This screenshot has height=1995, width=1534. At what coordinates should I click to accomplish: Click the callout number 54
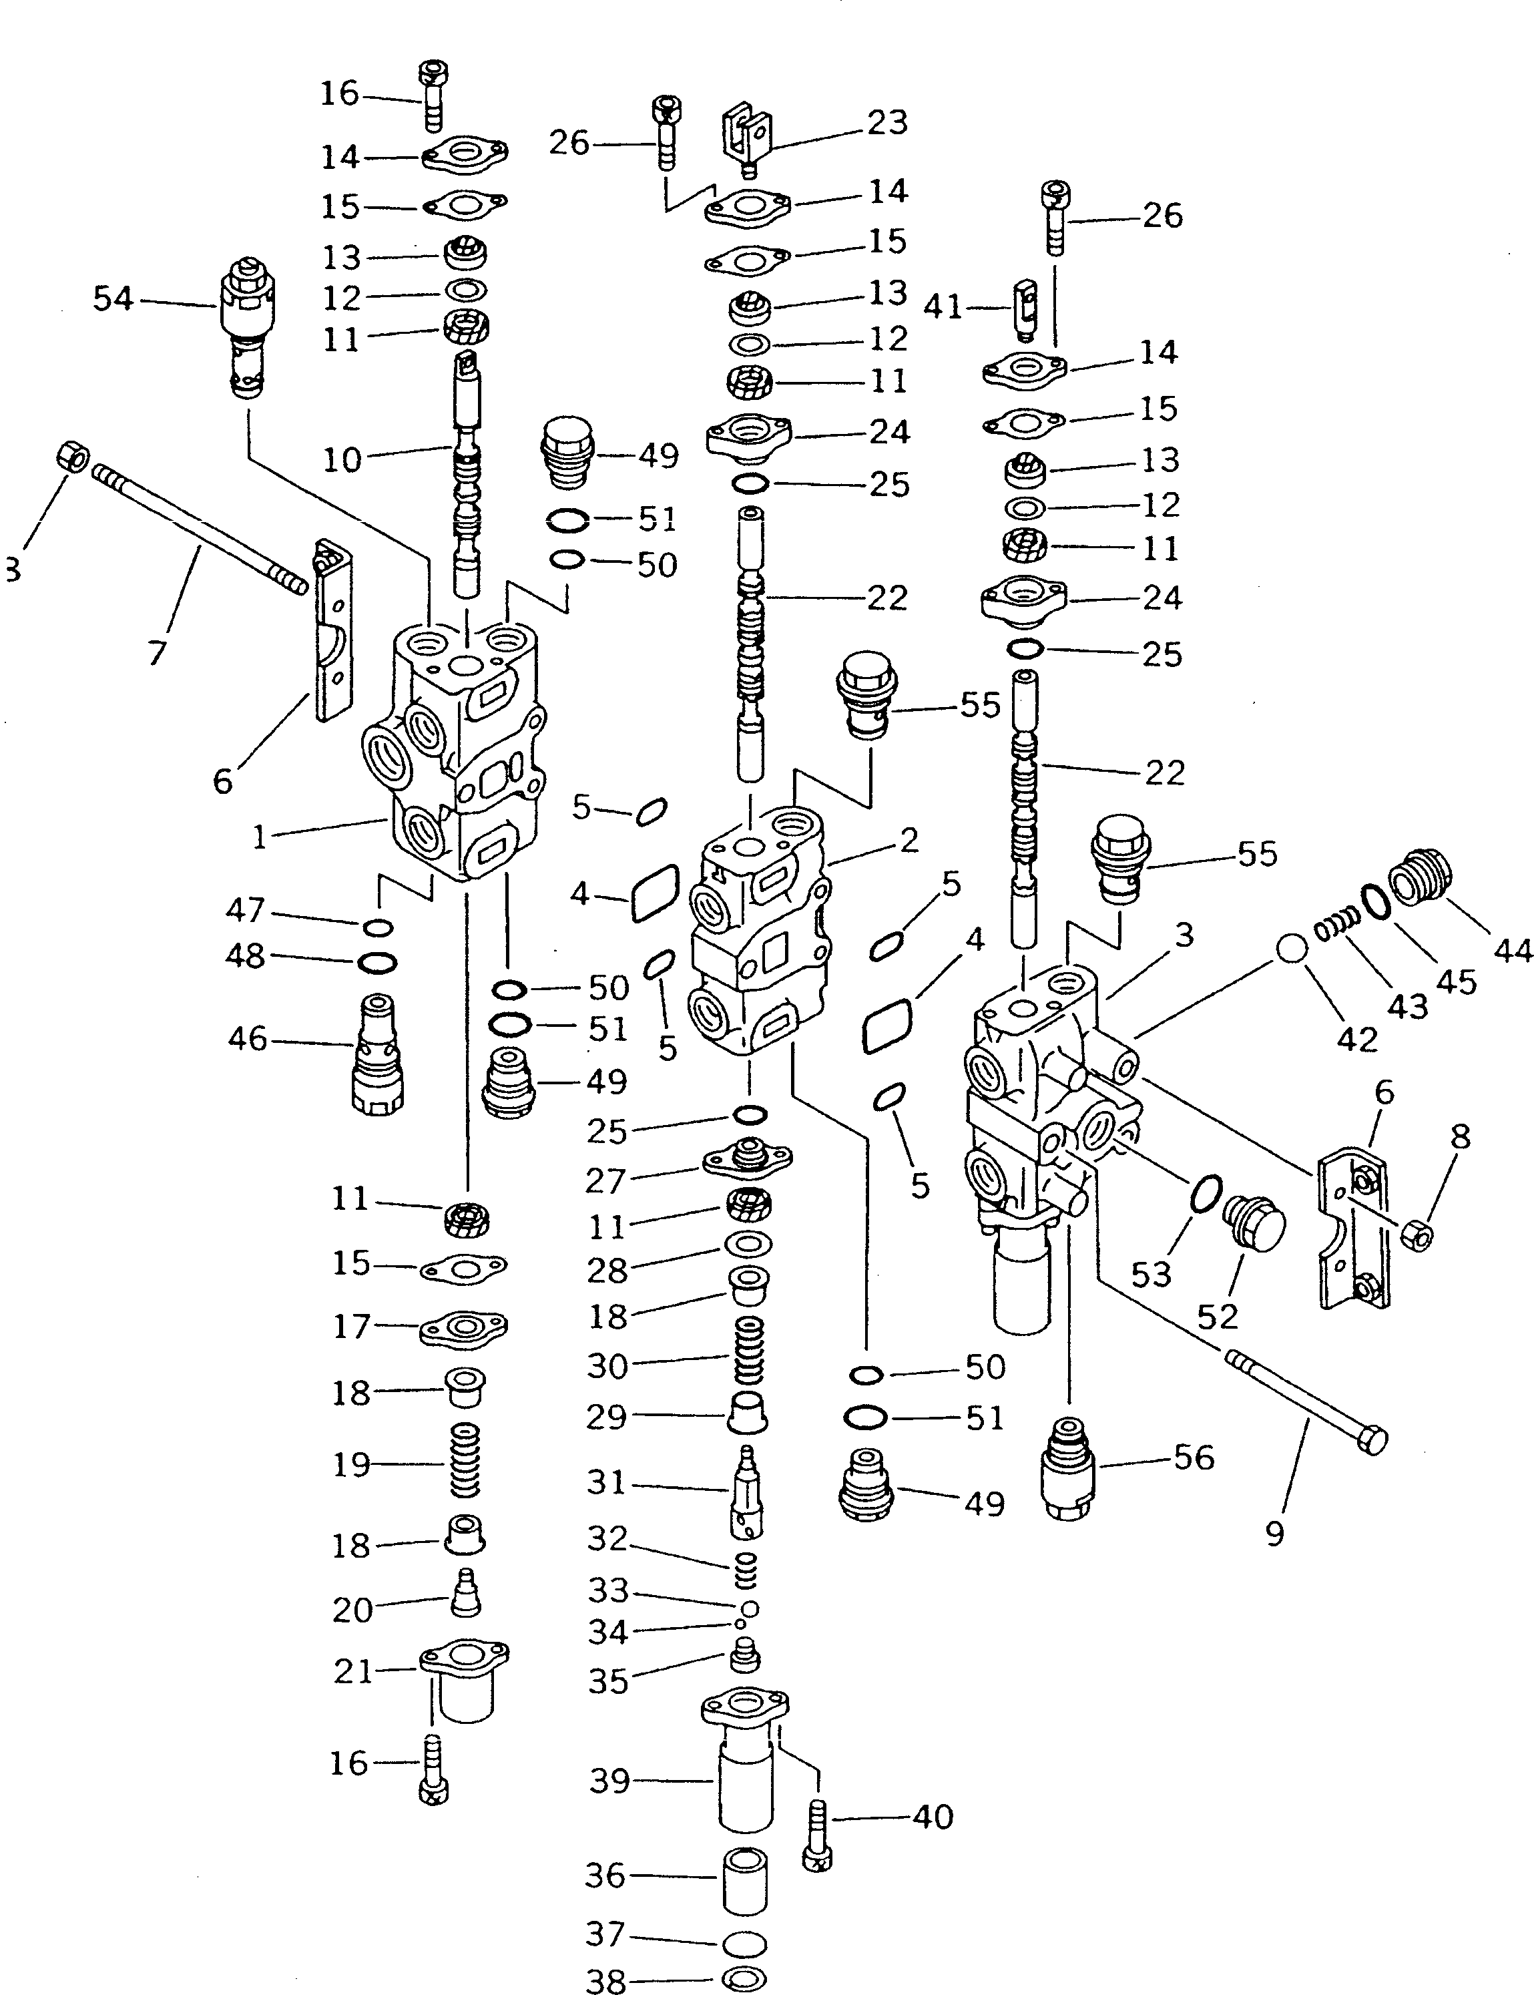(113, 298)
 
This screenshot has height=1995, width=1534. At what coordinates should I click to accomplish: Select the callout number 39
(610, 1781)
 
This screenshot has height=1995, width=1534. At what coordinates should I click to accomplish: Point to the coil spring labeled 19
(466, 1462)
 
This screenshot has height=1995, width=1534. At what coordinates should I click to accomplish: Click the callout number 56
(1194, 1458)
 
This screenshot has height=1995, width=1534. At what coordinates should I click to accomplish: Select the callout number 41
(943, 308)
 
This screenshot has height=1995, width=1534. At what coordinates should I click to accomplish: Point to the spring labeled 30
(749, 1363)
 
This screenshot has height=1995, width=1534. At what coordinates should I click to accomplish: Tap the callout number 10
(342, 459)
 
